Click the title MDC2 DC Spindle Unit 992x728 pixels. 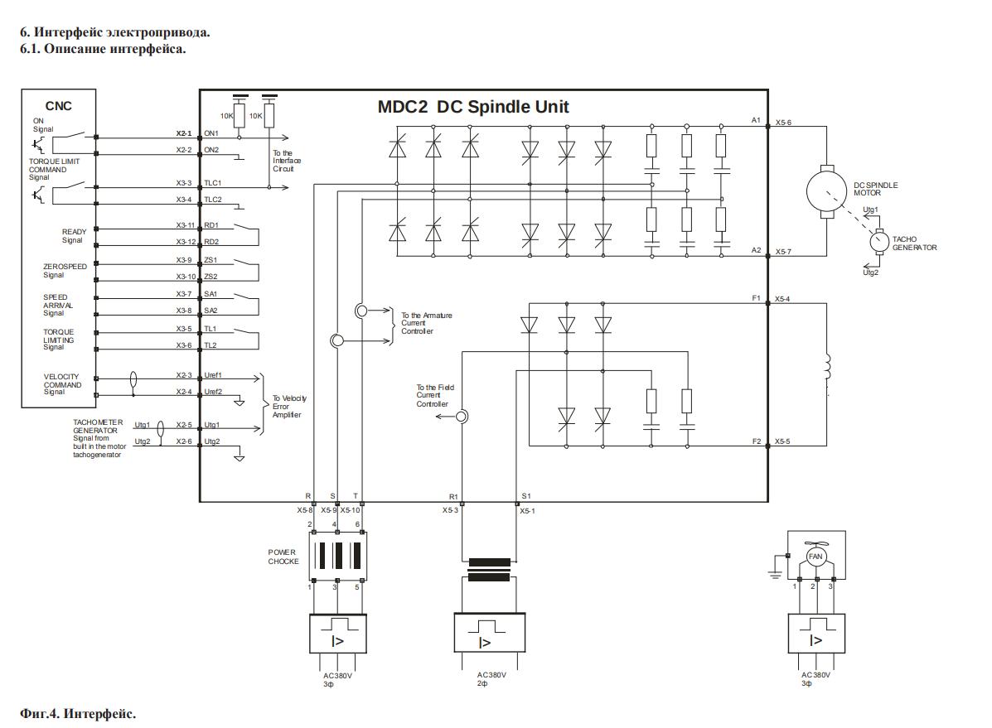(x=473, y=107)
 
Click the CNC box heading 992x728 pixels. (x=58, y=105)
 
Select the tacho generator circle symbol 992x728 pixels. (x=878, y=243)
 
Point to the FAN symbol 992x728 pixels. (x=815, y=556)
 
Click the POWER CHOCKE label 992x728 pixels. (x=283, y=557)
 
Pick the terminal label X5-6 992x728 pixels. (x=783, y=122)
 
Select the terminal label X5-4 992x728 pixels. (x=783, y=298)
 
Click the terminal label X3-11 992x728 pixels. (x=184, y=225)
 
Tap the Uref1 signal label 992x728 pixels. (x=213, y=375)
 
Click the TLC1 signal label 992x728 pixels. (x=213, y=183)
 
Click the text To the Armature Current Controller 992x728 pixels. (x=427, y=323)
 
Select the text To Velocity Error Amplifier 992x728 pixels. (x=289, y=407)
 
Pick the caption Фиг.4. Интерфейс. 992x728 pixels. (x=77, y=713)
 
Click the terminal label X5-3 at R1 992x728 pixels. (x=450, y=511)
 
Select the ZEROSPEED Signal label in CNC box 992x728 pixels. (x=60, y=271)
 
